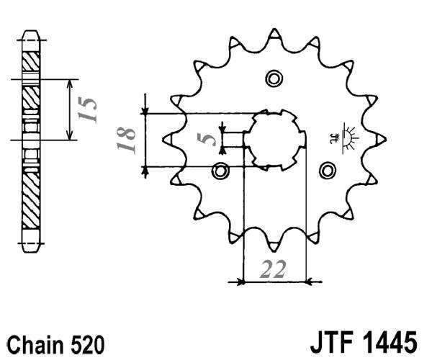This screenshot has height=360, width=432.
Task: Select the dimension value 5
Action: pyautogui.click(x=210, y=138)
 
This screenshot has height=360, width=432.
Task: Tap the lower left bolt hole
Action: pyautogui.click(x=221, y=171)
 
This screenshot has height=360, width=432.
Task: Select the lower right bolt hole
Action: pyautogui.click(x=328, y=171)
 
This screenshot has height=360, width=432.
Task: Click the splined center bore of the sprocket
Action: pyautogui.click(x=274, y=138)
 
